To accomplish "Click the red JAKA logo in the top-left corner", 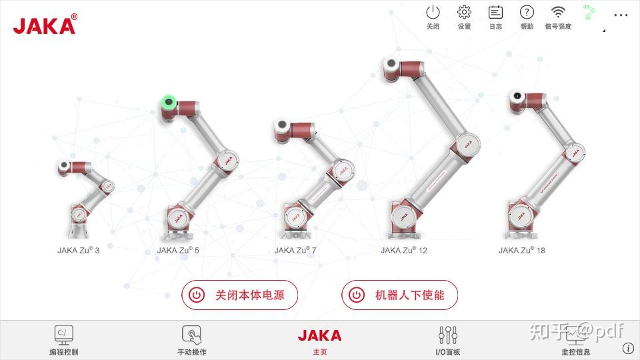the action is (x=45, y=24).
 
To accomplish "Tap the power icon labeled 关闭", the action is (x=433, y=13).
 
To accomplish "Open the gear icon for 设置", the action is (x=464, y=12).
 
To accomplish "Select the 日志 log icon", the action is (x=495, y=12).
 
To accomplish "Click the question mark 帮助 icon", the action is (x=527, y=12).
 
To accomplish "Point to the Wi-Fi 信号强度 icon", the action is (x=558, y=12).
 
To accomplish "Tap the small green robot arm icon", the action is (x=589, y=12).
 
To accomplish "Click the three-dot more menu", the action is (x=621, y=15).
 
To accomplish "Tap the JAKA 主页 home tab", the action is (x=319, y=341).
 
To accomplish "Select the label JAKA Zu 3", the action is (x=79, y=250).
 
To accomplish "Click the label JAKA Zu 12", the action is (x=404, y=250).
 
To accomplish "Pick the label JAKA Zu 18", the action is (x=522, y=250).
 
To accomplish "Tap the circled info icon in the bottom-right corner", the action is (x=628, y=348).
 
